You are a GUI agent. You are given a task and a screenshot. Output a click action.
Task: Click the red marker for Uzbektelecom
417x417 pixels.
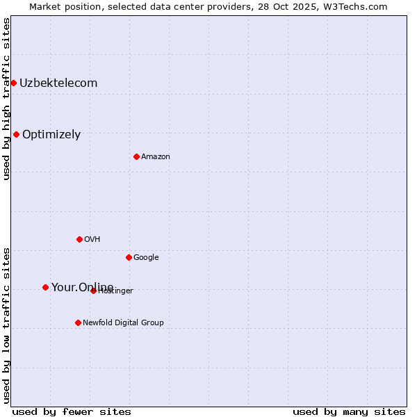[x=13, y=83]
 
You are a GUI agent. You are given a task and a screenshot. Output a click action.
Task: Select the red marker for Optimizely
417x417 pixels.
[x=16, y=135]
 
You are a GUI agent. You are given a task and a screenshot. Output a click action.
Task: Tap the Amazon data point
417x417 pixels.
[x=136, y=156]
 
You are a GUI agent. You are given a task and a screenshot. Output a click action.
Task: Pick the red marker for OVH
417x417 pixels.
[x=79, y=239]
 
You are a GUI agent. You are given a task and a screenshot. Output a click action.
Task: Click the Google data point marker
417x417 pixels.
[x=129, y=257]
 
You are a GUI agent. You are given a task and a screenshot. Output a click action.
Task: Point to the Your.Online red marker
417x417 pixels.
[x=45, y=287]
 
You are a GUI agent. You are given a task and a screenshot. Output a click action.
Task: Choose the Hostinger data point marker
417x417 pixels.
[x=93, y=291]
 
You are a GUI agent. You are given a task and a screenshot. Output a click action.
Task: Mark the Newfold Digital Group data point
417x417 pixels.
[x=78, y=322]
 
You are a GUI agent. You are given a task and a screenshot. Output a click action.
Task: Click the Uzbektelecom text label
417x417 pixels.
[x=58, y=83]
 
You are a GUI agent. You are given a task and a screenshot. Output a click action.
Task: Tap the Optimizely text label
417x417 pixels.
[x=51, y=135]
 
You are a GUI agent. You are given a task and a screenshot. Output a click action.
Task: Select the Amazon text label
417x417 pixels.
[x=156, y=157]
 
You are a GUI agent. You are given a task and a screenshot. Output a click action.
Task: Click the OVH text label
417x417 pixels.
[x=92, y=240]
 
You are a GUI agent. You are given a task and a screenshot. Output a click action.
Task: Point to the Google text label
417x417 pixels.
[x=146, y=258]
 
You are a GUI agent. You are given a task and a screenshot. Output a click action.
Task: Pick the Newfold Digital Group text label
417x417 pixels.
[x=123, y=323]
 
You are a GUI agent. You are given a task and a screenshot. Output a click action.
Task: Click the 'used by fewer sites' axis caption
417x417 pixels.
[x=72, y=411]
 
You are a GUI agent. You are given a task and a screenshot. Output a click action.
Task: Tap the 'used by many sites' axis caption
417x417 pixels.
[x=349, y=411]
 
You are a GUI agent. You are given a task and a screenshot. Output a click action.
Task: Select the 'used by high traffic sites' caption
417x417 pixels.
[x=7, y=99]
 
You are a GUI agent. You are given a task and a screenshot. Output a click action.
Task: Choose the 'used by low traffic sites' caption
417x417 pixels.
[x=7, y=325]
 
